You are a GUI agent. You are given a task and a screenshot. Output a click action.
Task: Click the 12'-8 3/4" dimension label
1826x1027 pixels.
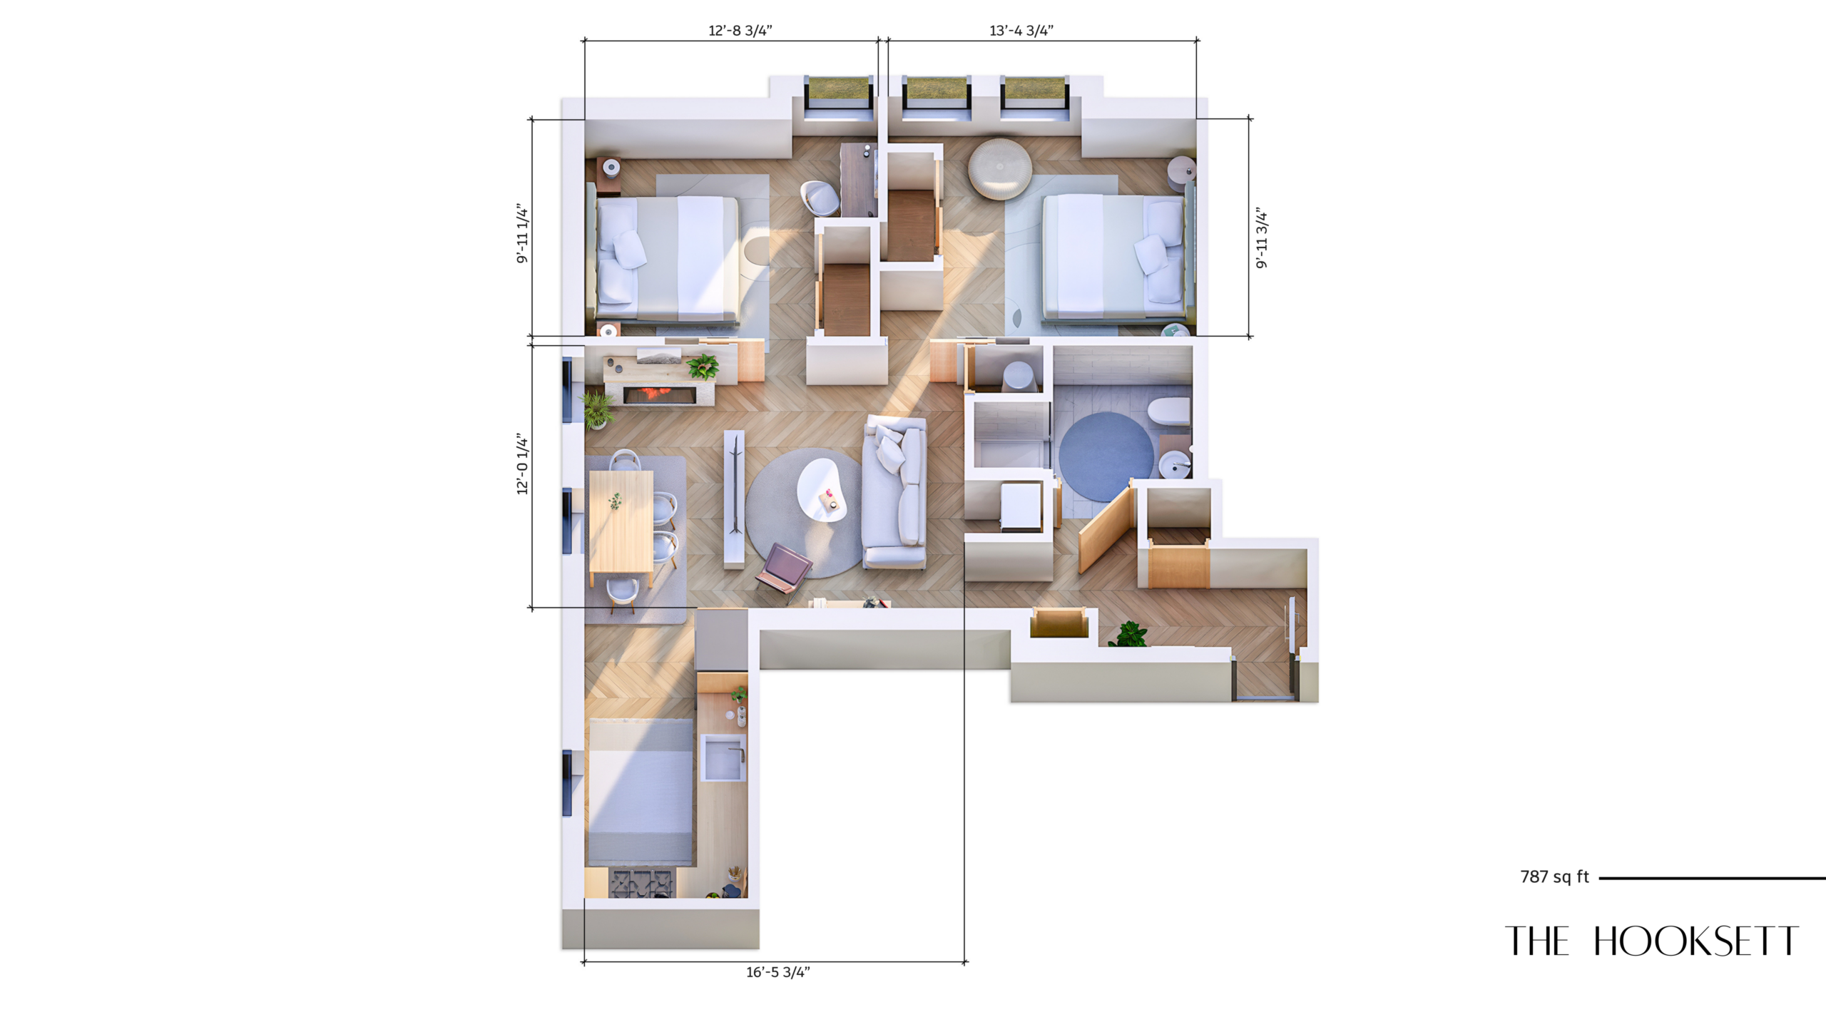point(740,31)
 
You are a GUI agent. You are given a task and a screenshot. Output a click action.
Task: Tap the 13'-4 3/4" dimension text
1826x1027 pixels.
point(1021,31)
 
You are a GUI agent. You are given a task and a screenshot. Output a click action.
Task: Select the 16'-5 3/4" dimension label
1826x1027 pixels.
point(778,972)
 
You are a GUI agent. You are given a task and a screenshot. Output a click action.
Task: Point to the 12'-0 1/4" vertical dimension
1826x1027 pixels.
point(523,464)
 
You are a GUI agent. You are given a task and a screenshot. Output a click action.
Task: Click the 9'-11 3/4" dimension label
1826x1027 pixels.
point(1262,239)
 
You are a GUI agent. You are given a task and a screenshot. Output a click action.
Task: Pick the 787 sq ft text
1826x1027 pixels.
point(1555,877)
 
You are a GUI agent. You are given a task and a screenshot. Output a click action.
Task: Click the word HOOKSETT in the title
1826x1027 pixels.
point(1696,941)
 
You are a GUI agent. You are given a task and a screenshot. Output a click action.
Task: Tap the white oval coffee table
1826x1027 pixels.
point(822,490)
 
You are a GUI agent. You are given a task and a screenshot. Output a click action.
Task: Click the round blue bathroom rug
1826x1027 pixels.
point(1106,456)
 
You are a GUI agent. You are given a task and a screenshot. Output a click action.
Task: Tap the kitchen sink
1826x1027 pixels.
point(723,757)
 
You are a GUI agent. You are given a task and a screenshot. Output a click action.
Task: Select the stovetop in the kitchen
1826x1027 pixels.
point(641,883)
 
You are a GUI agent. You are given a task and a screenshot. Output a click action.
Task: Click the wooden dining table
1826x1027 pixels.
point(621,521)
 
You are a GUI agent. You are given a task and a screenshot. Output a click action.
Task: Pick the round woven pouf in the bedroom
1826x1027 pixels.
point(999,168)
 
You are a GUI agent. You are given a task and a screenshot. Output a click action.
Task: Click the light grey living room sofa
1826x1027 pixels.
point(894,492)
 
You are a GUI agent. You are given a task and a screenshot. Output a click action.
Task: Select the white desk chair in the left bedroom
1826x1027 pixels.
point(820,198)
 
